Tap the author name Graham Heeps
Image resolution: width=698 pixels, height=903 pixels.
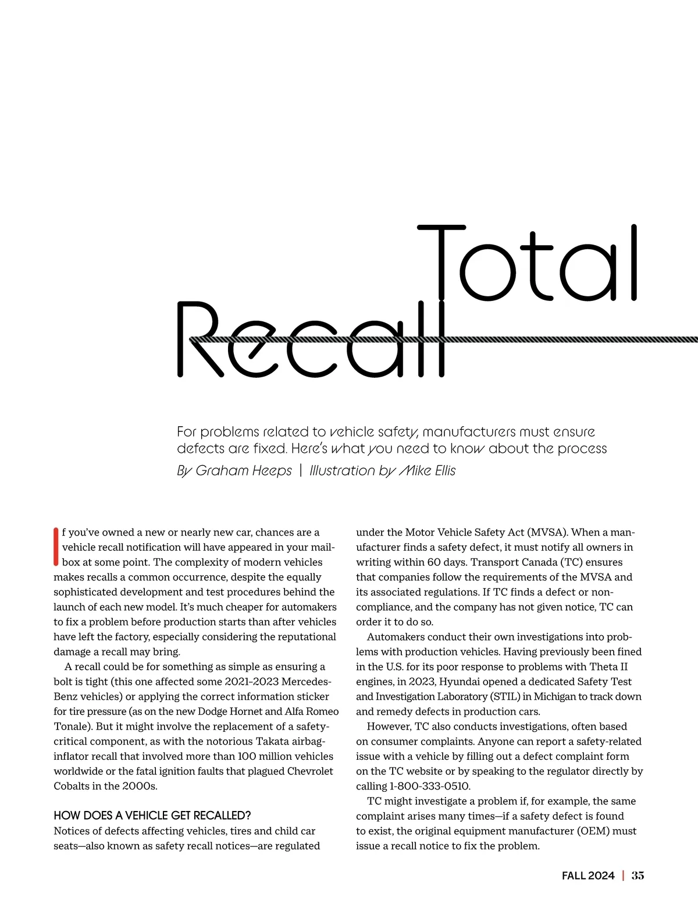[x=244, y=471]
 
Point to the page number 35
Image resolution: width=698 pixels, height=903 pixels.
[x=638, y=876]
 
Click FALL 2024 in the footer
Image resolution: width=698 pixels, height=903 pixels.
[x=588, y=876]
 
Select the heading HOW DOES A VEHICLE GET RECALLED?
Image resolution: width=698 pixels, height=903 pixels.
[x=152, y=815]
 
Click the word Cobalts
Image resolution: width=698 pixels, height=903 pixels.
[x=73, y=786]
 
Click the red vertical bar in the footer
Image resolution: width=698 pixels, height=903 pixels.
[x=623, y=876]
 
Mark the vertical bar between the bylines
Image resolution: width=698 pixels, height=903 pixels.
[x=301, y=471]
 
